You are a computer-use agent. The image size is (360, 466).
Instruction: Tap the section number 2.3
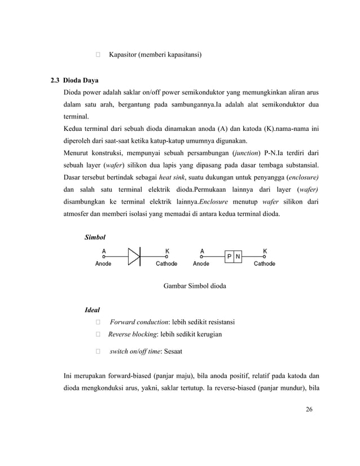point(56,80)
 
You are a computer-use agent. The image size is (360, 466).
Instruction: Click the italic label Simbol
point(95,238)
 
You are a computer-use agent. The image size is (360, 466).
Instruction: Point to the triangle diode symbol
point(134,257)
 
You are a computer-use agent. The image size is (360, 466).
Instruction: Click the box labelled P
point(230,257)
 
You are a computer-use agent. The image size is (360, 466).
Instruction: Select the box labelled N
point(238,257)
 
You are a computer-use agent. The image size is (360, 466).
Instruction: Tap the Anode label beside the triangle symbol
point(103,263)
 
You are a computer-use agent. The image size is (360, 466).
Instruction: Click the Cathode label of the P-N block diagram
point(264,263)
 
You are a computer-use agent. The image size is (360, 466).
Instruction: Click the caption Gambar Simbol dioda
point(195,286)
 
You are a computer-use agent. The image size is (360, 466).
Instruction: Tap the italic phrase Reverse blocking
point(133,335)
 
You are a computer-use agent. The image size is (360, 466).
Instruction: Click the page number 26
point(309,409)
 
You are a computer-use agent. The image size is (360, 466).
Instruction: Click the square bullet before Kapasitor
point(98,55)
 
